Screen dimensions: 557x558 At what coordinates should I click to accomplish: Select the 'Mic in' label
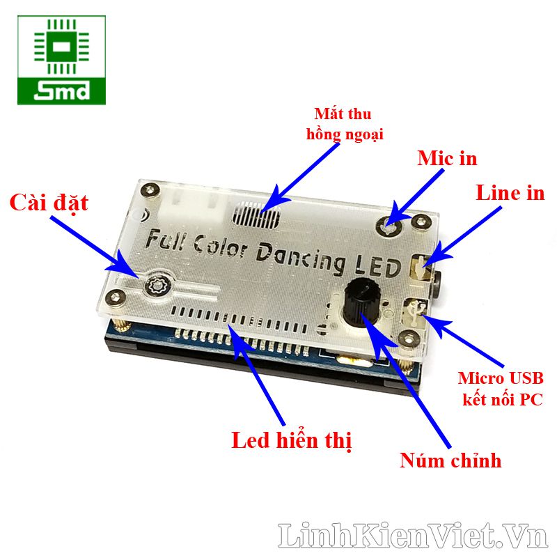447,158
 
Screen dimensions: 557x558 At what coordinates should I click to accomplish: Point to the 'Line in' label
510,193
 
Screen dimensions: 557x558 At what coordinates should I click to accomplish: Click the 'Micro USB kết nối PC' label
500,389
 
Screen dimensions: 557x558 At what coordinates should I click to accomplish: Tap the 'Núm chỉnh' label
450,460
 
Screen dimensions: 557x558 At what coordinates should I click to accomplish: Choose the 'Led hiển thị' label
292,440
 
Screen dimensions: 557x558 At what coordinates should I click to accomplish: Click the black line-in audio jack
438,281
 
